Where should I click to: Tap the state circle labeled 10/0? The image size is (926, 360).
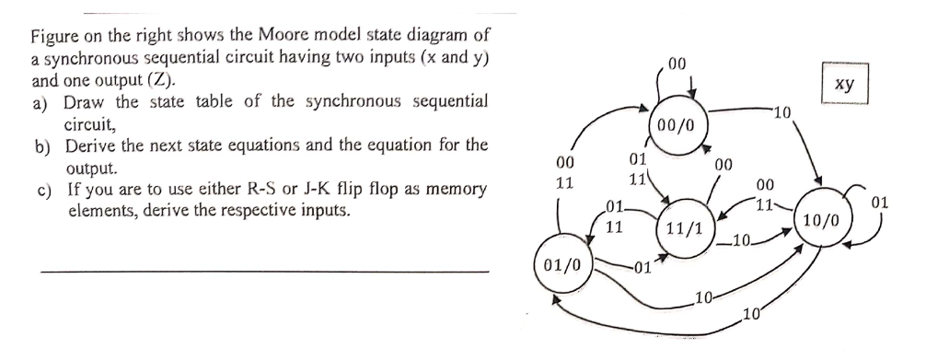pyautogui.click(x=820, y=221)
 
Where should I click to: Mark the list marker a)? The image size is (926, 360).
pyautogui.click(x=41, y=101)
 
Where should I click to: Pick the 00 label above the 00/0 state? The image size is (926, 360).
pyautogui.click(x=677, y=64)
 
